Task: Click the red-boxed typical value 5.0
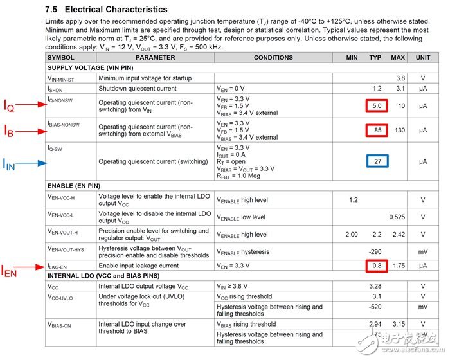pyautogui.click(x=377, y=105)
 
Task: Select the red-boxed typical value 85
pyautogui.click(x=377, y=130)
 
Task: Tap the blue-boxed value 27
pyautogui.click(x=377, y=161)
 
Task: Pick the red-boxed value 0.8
pyautogui.click(x=377, y=265)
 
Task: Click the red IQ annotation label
pyautogui.click(x=10, y=107)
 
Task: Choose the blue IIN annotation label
pyautogui.click(x=10, y=164)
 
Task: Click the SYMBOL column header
pyautogui.click(x=61, y=58)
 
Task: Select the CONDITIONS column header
pyautogui.click(x=273, y=58)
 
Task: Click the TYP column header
pyautogui.click(x=375, y=58)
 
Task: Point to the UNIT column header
pyautogui.click(x=423, y=58)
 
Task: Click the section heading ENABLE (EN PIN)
pyautogui.click(x=74, y=186)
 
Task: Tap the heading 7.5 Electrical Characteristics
pyautogui.click(x=107, y=10)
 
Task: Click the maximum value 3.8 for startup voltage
pyautogui.click(x=401, y=78)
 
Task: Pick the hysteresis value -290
pyautogui.click(x=375, y=251)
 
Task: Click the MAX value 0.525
pyautogui.click(x=398, y=217)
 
